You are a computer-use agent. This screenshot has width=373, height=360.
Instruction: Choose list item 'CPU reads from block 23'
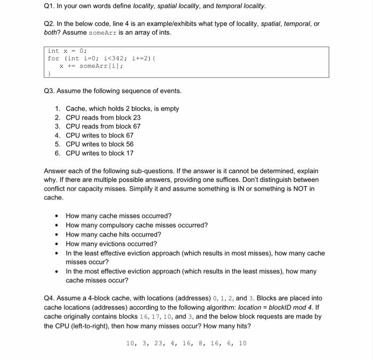click(x=103, y=117)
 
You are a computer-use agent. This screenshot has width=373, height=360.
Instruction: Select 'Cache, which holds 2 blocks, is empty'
click(x=122, y=109)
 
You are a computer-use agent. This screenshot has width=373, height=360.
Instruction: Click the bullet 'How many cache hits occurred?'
click(x=113, y=235)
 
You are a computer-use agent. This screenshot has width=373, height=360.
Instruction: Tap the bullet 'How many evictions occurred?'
click(x=111, y=244)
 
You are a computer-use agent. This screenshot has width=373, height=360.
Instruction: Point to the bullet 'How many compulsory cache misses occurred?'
click(x=136, y=225)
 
